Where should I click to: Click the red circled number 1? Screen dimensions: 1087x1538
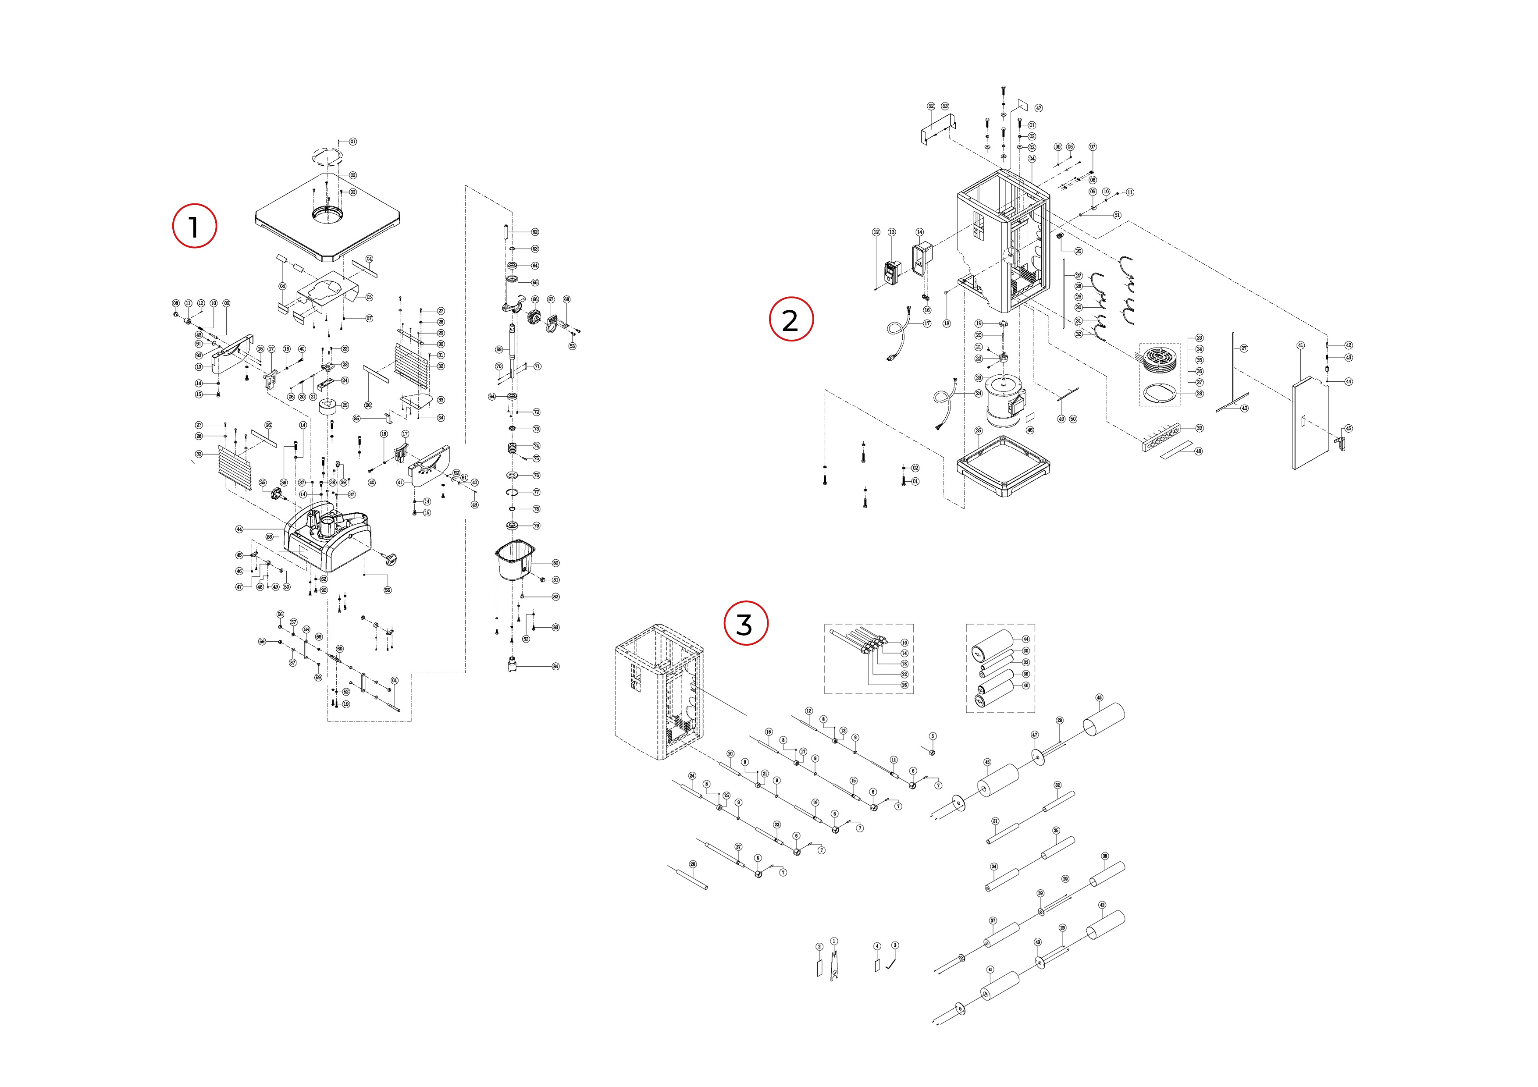tap(194, 226)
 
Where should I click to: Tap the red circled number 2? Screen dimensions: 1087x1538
tap(790, 320)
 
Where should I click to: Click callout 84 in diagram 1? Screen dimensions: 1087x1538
tap(555, 666)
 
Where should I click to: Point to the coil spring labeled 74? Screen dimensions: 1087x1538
tap(513, 448)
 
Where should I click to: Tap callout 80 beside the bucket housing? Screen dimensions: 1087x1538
tap(555, 563)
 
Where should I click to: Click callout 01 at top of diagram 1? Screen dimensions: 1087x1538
tap(353, 142)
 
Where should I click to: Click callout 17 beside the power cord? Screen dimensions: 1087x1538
tap(927, 323)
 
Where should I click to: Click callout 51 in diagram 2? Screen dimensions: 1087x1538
tap(1117, 215)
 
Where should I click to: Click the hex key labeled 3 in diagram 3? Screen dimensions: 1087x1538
tap(891, 963)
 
